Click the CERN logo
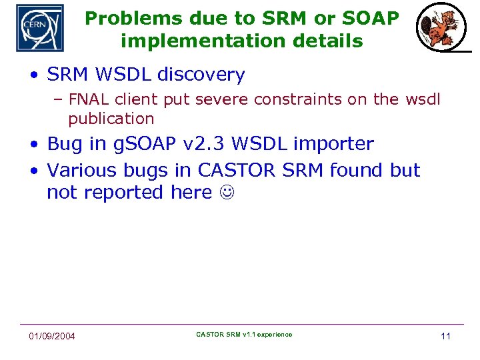40,28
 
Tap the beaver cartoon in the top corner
437,29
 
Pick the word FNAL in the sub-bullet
89,100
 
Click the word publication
111,119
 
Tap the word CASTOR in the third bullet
237,171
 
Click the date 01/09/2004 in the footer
52,336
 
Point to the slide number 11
445,336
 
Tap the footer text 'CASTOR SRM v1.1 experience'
244,335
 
